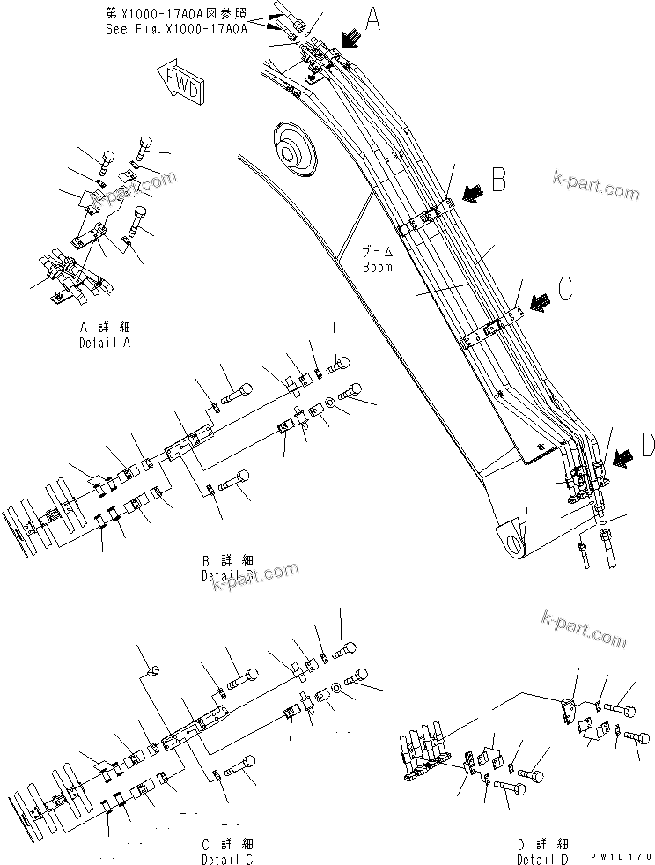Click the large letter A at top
coord(373,18)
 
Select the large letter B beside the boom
coord(498,181)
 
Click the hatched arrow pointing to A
coord(350,38)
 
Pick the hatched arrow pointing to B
coord(472,194)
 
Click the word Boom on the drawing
coord(378,266)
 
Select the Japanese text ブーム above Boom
coord(377,253)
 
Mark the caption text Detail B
coord(227,575)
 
